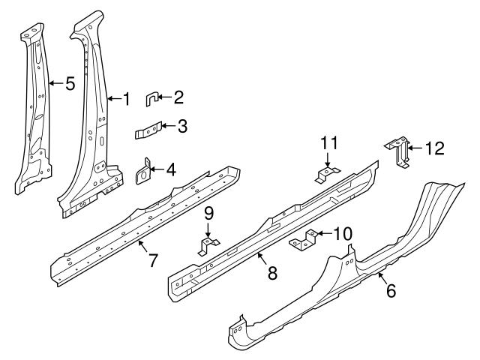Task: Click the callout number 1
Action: click(127, 99)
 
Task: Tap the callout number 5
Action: click(70, 83)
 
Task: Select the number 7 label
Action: click(153, 260)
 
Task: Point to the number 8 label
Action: click(272, 272)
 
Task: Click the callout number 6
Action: click(391, 290)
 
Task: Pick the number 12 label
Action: click(435, 148)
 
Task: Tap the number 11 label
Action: click(329, 142)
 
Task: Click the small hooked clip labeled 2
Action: click(151, 100)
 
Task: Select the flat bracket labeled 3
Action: click(148, 130)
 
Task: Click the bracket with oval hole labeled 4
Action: click(143, 172)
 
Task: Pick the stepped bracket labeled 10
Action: click(303, 240)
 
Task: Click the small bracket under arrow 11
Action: click(327, 175)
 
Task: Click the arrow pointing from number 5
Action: click(56, 83)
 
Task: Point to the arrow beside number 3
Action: click(169, 125)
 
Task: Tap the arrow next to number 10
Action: click(324, 234)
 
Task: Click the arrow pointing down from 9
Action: click(208, 230)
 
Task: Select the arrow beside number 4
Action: click(157, 169)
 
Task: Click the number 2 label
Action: click(178, 97)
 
